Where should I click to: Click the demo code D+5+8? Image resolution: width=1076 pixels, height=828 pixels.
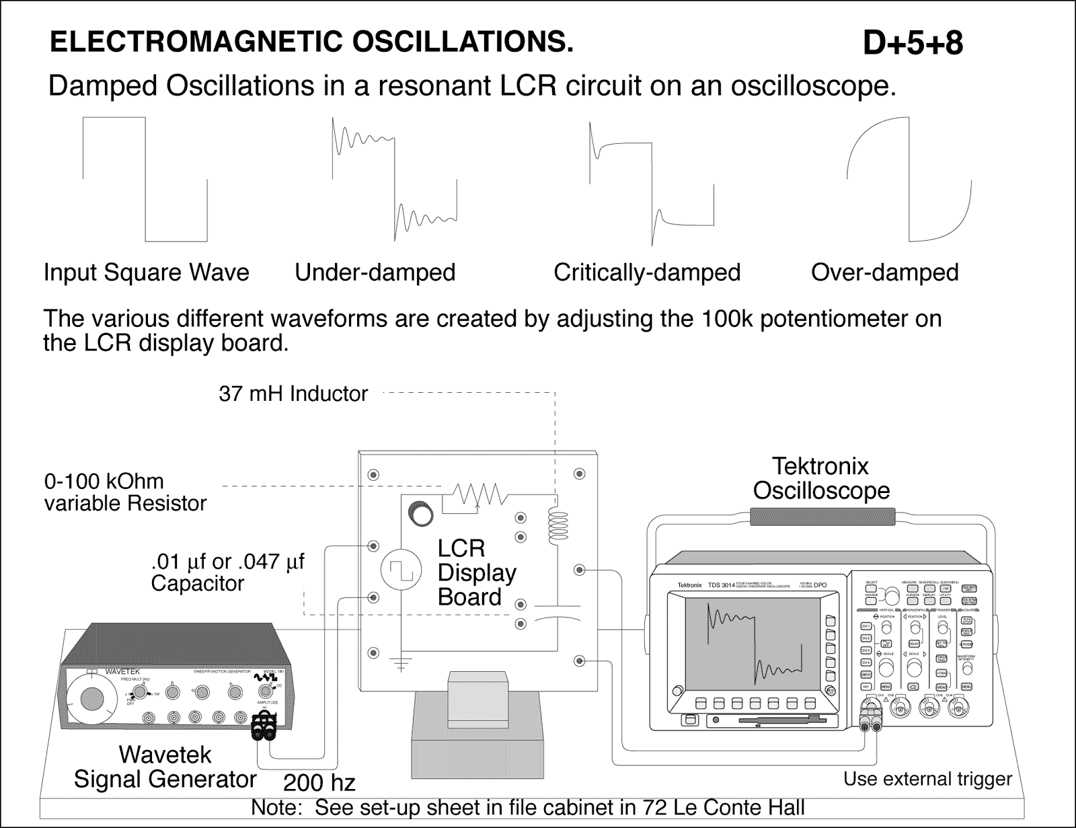pyautogui.click(x=913, y=44)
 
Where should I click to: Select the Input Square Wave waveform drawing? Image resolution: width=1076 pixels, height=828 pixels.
pyautogui.click(x=145, y=180)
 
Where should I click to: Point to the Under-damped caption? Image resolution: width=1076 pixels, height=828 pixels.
pyautogui.click(x=375, y=272)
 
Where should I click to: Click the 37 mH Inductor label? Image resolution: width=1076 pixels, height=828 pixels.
pyautogui.click(x=293, y=393)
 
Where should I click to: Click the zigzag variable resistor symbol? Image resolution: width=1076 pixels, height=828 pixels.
pyautogui.click(x=479, y=495)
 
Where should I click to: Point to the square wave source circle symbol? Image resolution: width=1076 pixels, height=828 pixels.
pyautogui.click(x=401, y=572)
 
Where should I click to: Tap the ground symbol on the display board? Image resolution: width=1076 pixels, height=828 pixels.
pyautogui.click(x=401, y=664)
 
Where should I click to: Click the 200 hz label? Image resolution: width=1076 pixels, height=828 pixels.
pyautogui.click(x=319, y=783)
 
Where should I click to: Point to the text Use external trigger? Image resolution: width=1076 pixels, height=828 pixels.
pyautogui.click(x=927, y=779)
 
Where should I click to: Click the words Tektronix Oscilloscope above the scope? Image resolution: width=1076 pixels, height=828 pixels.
pyautogui.click(x=820, y=478)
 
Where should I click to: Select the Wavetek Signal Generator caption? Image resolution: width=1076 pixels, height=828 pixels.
pyautogui.click(x=165, y=767)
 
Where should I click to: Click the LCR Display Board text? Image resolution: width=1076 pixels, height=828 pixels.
pyautogui.click(x=476, y=572)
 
